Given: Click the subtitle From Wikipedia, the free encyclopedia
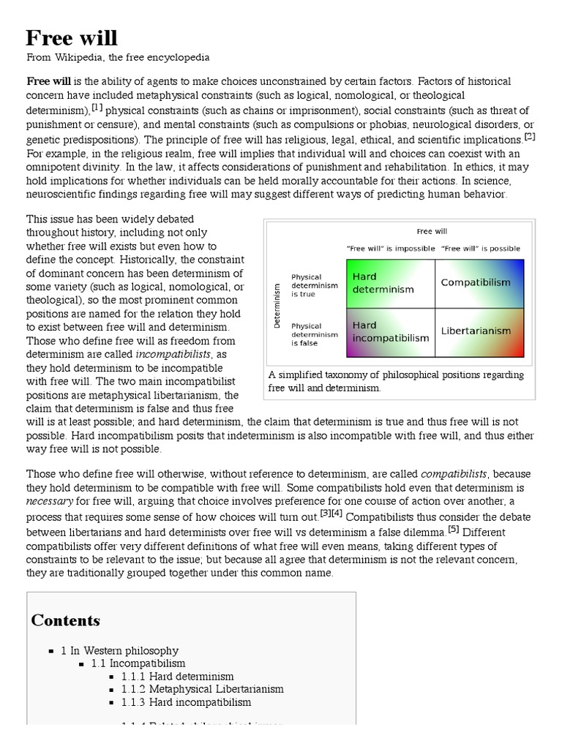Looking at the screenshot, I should [x=118, y=57].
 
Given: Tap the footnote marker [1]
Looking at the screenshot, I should [x=96, y=108].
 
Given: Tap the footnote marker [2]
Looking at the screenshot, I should [x=530, y=136].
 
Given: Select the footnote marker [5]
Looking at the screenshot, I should [x=453, y=530].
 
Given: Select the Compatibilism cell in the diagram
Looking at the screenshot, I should [x=476, y=282].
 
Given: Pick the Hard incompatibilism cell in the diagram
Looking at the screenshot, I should [x=390, y=331].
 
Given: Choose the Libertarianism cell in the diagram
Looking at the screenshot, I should [x=476, y=331].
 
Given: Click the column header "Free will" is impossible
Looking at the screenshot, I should [x=388, y=249].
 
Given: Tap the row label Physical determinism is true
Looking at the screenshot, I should [x=315, y=285].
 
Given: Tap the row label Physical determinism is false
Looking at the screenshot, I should [x=315, y=334].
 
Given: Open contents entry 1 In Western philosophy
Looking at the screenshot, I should [x=119, y=650].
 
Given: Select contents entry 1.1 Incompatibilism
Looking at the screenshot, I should [x=138, y=663].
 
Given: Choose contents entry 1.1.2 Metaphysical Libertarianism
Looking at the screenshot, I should [x=202, y=689].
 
